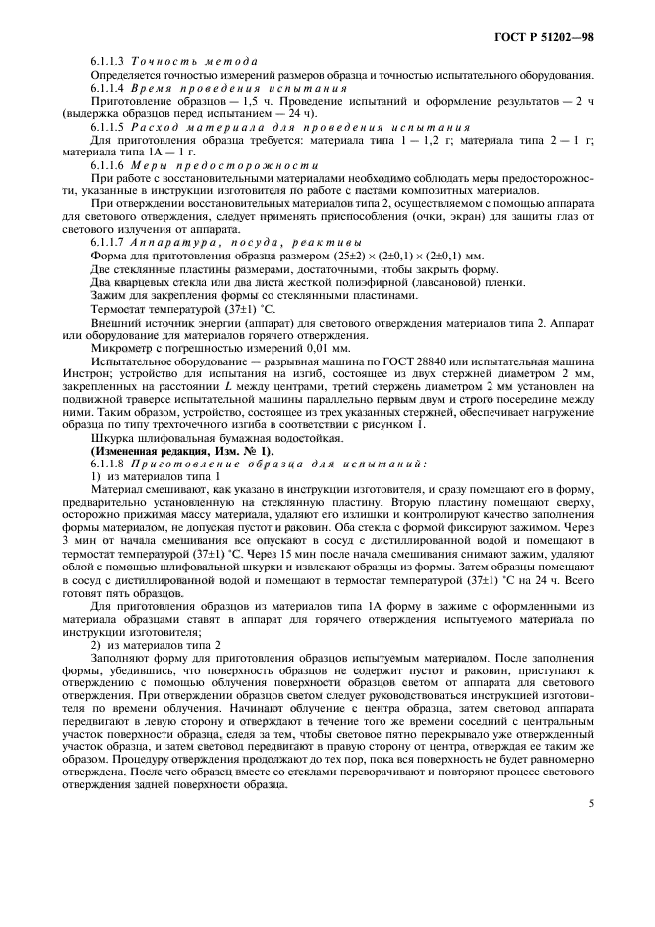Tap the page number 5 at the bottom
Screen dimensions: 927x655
click(x=591, y=804)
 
